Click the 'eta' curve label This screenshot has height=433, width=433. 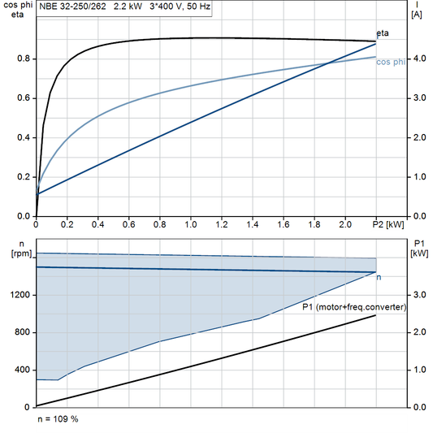coord(382,32)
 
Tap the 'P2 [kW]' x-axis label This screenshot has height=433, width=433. coord(388,223)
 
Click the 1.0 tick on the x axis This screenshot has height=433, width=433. coord(191,223)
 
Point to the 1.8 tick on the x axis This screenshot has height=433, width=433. coord(314,223)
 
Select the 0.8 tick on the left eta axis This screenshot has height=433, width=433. coord(23,58)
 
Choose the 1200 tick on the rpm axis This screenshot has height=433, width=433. coord(19,295)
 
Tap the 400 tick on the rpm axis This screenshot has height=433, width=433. coord(22,370)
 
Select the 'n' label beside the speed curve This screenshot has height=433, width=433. coord(379,278)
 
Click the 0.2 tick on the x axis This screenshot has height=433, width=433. coord(67,223)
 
